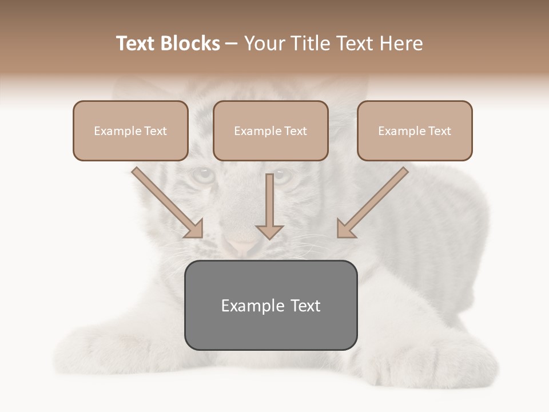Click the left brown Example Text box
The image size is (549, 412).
(x=130, y=130)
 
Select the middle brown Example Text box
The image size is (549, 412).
(x=270, y=130)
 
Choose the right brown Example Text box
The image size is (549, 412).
(x=415, y=130)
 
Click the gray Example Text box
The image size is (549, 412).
(x=270, y=305)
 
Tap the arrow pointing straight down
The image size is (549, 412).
(x=270, y=203)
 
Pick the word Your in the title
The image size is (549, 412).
(x=263, y=43)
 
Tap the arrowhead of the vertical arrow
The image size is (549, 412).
(x=270, y=231)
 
